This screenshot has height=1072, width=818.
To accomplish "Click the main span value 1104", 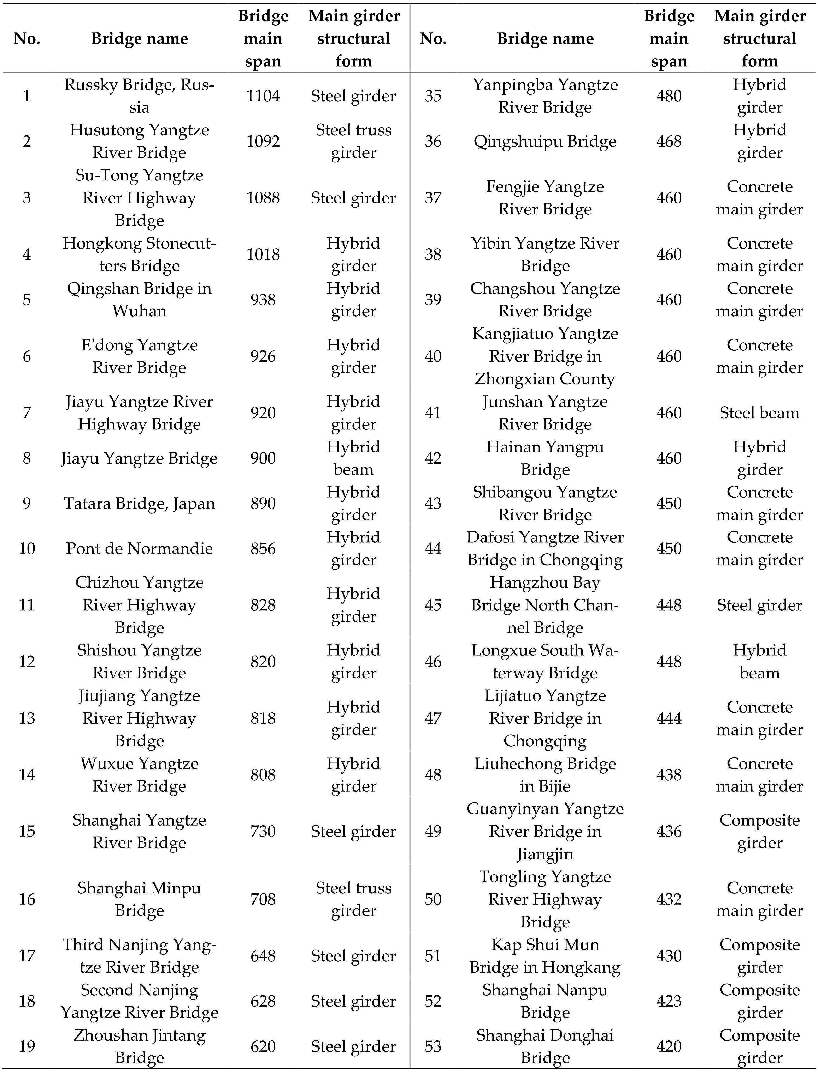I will [x=263, y=96].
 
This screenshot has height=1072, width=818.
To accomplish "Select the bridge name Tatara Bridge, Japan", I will [x=139, y=503].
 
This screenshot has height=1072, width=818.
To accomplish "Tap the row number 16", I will [x=27, y=899].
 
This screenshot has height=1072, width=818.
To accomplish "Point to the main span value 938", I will [x=263, y=299].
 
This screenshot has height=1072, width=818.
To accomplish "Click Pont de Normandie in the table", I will [x=139, y=548].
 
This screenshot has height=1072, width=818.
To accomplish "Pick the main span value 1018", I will [x=263, y=254].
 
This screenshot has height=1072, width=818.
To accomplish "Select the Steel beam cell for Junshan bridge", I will [x=759, y=413].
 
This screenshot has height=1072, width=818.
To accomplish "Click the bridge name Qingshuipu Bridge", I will [x=545, y=141].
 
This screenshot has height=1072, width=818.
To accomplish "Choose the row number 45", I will [x=433, y=605].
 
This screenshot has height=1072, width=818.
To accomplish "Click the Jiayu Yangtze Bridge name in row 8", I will [x=139, y=458].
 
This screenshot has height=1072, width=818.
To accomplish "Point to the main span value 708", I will [x=263, y=899].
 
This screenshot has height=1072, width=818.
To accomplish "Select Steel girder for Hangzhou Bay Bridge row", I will [x=759, y=605].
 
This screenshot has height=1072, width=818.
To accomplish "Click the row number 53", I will [x=433, y=1046].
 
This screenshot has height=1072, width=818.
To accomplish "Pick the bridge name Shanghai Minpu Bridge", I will [x=139, y=899].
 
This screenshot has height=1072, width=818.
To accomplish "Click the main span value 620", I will [x=263, y=1046].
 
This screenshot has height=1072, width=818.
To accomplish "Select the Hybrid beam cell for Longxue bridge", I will [x=759, y=661].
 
